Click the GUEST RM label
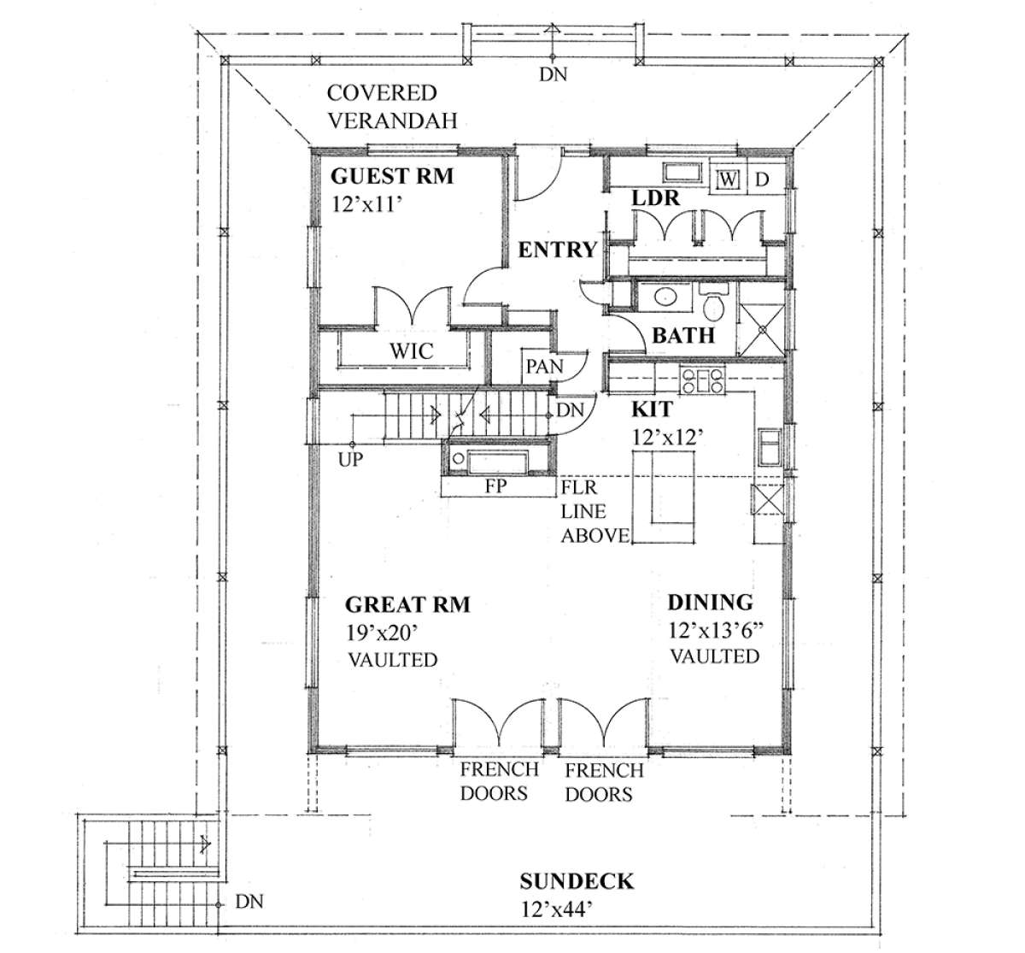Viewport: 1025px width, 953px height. pos(392,176)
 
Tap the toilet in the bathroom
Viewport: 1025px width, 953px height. pos(714,303)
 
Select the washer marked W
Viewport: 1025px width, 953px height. pos(727,179)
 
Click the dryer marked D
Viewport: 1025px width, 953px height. pos(762,179)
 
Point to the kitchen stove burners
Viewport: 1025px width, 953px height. pos(702,380)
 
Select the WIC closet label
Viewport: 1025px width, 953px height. pos(412,351)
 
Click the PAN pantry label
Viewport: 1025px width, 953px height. pos(544,367)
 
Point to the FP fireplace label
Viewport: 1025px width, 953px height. pos(495,485)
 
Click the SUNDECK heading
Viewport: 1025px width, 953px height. pos(577,880)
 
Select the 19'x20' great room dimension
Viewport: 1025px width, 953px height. pos(380,632)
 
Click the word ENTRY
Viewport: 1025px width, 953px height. pos(558,250)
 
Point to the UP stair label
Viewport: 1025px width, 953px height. pos(350,459)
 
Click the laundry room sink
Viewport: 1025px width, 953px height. pos(682,173)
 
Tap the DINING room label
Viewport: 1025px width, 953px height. pos(710,603)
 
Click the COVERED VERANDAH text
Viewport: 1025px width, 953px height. pos(392,107)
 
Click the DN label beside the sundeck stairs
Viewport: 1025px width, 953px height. pos(249,902)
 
